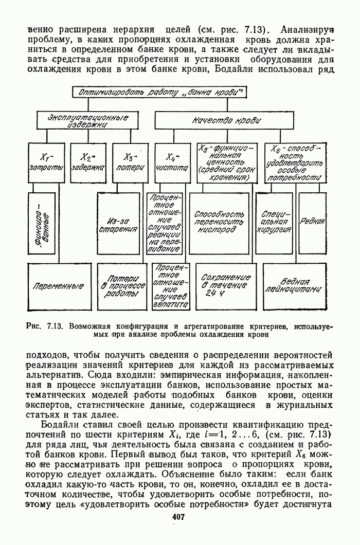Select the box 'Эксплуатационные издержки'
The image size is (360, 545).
click(88, 121)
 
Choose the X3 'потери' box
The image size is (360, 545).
click(131, 161)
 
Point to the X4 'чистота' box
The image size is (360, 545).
click(172, 161)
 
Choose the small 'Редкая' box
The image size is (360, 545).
click(312, 222)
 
